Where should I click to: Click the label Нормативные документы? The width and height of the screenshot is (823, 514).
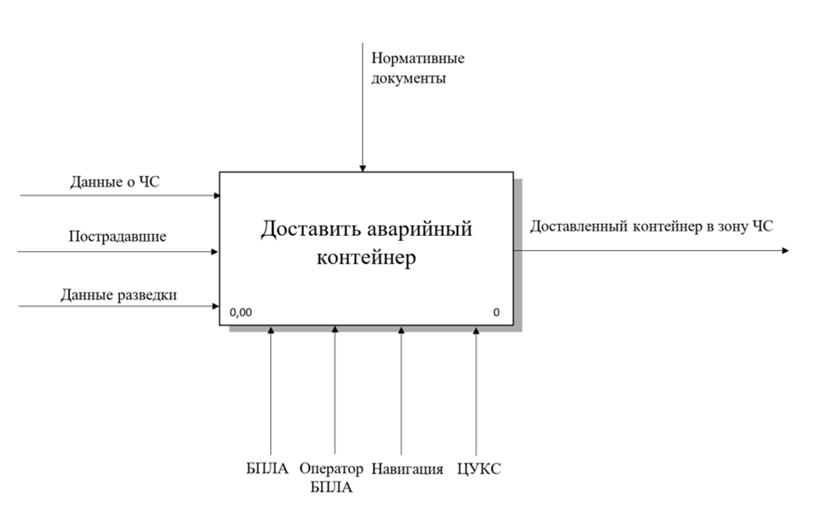(x=417, y=69)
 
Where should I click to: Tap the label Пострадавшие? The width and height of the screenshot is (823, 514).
(x=117, y=237)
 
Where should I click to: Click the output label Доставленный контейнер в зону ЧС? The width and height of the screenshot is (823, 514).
(x=651, y=226)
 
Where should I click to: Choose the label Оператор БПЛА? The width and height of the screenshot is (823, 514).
(x=331, y=478)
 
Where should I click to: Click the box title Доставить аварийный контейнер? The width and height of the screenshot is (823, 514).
(x=366, y=243)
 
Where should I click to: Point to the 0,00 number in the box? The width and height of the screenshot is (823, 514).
(x=240, y=313)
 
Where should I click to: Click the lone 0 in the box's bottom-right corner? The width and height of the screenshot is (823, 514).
(x=497, y=313)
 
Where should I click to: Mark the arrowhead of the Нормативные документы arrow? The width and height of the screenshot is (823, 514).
(x=362, y=167)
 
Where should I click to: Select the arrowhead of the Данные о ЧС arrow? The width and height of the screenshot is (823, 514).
(x=216, y=195)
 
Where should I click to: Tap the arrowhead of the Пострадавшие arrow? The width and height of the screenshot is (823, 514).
(x=216, y=251)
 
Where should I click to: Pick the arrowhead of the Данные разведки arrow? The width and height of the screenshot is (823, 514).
(x=216, y=306)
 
